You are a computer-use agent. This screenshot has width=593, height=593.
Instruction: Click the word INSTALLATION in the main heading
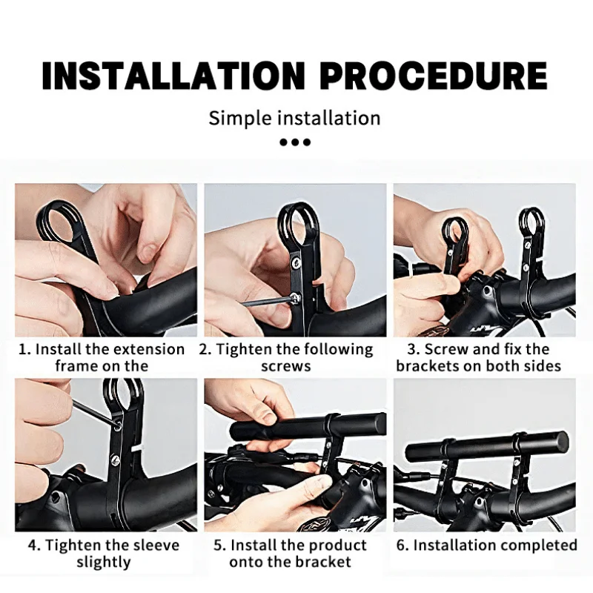[173, 76]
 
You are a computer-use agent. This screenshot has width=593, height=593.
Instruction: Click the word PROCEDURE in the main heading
[434, 76]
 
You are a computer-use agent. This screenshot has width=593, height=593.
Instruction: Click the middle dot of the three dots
[295, 142]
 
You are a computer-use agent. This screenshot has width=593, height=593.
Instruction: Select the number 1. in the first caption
[25, 349]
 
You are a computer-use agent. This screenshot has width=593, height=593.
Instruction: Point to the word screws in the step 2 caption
[286, 366]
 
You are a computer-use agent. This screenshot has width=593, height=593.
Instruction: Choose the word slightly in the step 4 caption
[104, 563]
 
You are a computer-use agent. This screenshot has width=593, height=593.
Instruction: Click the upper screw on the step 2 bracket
[296, 262]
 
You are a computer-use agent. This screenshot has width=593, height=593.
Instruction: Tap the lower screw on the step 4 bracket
[116, 460]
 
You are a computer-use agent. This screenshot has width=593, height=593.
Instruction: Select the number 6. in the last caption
[403, 546]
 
